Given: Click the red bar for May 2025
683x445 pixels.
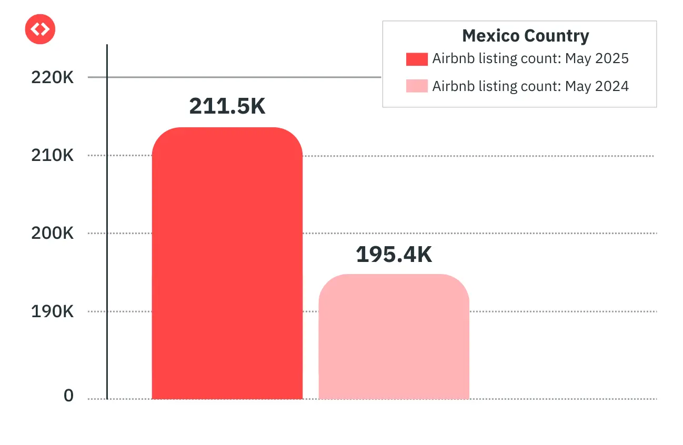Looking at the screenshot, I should [x=227, y=263].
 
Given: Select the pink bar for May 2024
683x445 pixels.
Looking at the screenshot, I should [x=394, y=337].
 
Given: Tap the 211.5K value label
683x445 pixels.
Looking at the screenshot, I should [x=227, y=106].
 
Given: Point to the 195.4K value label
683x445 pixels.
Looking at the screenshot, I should [x=394, y=255].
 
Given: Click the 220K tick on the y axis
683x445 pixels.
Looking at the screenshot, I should [x=53, y=78].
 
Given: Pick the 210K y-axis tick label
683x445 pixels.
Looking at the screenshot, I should [x=53, y=156].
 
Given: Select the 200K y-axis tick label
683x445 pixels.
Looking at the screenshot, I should [x=53, y=233].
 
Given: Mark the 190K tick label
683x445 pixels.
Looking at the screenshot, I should [x=53, y=311].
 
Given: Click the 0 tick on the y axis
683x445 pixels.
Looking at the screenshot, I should [x=69, y=396].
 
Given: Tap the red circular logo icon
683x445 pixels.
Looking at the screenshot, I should [x=40, y=29].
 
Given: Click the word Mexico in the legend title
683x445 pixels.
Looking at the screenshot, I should [x=490, y=36].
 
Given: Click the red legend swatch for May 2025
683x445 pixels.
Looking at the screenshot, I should [x=417, y=58].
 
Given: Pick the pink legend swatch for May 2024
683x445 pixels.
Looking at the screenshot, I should [x=417, y=86].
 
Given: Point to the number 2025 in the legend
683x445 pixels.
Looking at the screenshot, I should [x=612, y=58].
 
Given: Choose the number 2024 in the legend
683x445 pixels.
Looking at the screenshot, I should [x=612, y=86].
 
